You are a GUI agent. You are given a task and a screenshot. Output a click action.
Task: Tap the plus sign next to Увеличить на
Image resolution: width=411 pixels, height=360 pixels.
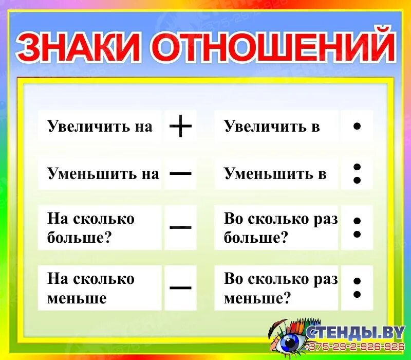pos(180,126)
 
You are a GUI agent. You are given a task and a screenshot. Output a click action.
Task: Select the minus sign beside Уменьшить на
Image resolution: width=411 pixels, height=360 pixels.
pos(180,173)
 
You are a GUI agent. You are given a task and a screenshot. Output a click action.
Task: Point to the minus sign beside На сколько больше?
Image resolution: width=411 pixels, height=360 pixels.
pos(180,227)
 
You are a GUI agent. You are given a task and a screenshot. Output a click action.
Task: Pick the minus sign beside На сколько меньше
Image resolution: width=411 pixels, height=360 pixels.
pos(180,287)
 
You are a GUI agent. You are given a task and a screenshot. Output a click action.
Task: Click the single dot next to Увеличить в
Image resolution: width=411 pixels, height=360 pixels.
pos(357,126)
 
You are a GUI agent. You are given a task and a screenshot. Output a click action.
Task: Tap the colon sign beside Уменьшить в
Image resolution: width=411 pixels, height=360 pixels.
pos(357,173)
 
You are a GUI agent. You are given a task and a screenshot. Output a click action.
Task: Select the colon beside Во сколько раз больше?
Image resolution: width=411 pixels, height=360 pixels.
pos(357,227)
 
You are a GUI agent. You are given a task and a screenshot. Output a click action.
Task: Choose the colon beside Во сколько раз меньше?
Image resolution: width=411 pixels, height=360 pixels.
pos(357,287)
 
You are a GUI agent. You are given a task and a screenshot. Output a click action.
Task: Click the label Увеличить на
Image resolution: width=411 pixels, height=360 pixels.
pos(100,126)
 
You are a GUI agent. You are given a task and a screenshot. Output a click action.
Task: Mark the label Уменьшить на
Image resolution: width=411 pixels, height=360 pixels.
pos(103,173)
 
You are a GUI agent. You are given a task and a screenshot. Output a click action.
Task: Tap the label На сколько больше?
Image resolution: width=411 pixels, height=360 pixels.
pos(91,228)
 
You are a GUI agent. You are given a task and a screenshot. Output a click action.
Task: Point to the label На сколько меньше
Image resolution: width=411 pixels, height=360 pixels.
pos(91,288)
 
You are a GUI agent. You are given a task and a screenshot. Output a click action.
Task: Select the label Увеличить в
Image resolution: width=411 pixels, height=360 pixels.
pos(272,126)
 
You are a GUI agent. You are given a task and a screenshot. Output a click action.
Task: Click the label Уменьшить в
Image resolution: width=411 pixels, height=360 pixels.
pos(275,173)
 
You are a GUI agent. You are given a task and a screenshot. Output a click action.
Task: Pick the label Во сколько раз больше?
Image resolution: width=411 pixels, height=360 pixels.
pos(281,228)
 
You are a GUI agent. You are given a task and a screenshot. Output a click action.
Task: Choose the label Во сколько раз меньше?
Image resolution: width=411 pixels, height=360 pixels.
pos(281,288)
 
